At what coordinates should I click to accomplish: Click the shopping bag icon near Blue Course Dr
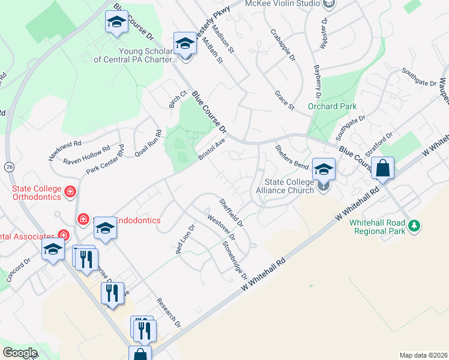[382, 169]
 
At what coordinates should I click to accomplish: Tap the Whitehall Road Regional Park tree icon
[413, 226]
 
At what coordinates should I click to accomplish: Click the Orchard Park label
[328, 106]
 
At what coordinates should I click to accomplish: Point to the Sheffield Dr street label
[231, 212]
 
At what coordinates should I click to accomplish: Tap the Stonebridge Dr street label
[235, 259]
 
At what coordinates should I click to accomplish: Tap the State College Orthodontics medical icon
[70, 192]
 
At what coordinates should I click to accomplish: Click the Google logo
[20, 352]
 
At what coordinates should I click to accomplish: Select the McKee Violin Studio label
[282, 4]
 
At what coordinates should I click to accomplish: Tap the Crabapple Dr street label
[283, 45]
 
